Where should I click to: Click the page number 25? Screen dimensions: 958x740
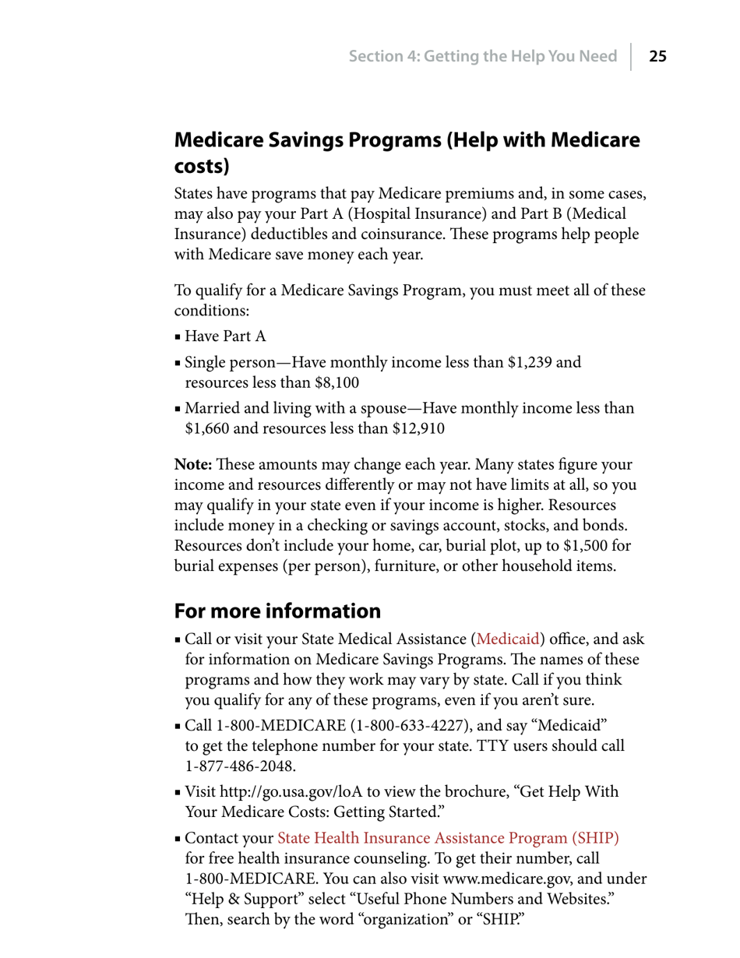point(658,56)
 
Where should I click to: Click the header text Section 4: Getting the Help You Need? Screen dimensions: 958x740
point(482,56)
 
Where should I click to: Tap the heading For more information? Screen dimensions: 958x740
point(277,611)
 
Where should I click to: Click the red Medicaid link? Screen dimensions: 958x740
point(508,639)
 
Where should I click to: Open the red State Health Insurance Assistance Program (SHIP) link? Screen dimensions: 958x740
point(448,838)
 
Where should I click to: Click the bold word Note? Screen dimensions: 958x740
point(193,464)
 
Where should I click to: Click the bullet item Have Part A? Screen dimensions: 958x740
point(226,337)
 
